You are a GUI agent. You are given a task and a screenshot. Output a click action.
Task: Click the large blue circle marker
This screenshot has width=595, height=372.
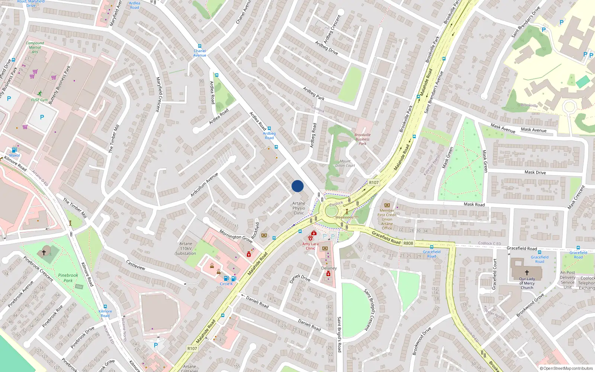(x=297, y=186)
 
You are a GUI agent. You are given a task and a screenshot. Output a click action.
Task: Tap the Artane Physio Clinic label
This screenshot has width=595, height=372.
(x=299, y=208)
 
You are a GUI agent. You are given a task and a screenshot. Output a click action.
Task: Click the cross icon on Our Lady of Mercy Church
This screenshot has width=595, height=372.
(x=527, y=273)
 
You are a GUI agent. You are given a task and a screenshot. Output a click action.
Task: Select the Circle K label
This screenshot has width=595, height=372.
(x=226, y=284)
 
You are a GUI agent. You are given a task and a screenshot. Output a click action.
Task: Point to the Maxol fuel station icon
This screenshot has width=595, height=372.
(x=15, y=150)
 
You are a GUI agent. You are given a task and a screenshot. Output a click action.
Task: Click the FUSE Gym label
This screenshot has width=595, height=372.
(x=39, y=100)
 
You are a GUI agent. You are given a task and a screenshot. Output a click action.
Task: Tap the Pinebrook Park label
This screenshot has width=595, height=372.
(x=68, y=278)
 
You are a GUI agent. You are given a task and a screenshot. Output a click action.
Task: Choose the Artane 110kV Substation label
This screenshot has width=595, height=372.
(x=186, y=248)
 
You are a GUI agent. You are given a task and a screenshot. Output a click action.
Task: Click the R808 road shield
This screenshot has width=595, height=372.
(x=408, y=243)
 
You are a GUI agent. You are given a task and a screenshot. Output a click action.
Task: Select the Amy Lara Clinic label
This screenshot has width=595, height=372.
(x=311, y=246)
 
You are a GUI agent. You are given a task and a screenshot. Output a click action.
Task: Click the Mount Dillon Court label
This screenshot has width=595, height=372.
(x=345, y=163)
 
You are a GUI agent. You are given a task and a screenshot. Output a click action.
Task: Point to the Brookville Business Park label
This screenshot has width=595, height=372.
(x=362, y=139)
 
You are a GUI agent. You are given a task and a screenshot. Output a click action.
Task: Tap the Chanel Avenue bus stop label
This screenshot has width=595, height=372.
(x=200, y=53)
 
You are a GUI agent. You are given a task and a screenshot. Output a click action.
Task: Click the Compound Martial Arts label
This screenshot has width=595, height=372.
(x=35, y=47)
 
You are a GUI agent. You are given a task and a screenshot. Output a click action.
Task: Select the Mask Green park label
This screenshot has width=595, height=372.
(x=448, y=157)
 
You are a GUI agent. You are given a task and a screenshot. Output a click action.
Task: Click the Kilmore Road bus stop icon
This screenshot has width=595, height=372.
(x=105, y=307)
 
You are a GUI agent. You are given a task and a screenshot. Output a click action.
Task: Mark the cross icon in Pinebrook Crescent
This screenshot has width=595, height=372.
(x=44, y=252)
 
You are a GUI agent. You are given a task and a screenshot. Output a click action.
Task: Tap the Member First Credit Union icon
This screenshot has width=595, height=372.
(x=387, y=205)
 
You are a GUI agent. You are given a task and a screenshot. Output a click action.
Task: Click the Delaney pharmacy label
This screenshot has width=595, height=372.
(x=329, y=268)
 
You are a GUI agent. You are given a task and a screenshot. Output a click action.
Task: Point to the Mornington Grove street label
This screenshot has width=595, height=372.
(x=236, y=236)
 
